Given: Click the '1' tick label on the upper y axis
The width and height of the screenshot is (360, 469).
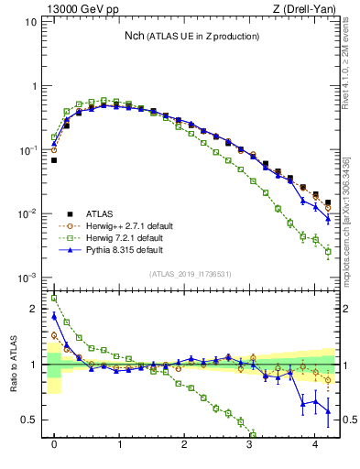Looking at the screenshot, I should (35, 86).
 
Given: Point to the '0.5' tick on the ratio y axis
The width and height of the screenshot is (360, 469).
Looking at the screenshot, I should (30, 420).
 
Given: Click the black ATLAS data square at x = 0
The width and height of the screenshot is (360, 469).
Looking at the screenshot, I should (54, 160).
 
